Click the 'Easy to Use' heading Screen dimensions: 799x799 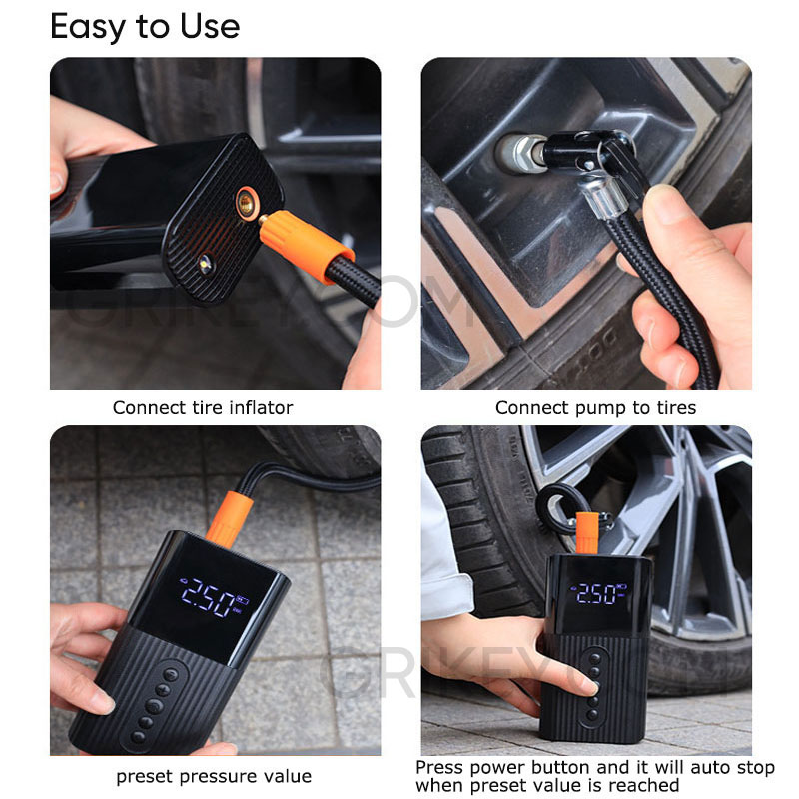point(145,26)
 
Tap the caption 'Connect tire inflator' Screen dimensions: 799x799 point(203,407)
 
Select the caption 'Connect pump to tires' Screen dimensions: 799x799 point(595,407)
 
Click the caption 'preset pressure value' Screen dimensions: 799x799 point(214,776)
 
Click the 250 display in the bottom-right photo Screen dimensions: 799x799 point(596,594)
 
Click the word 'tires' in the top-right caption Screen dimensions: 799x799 point(674,407)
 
